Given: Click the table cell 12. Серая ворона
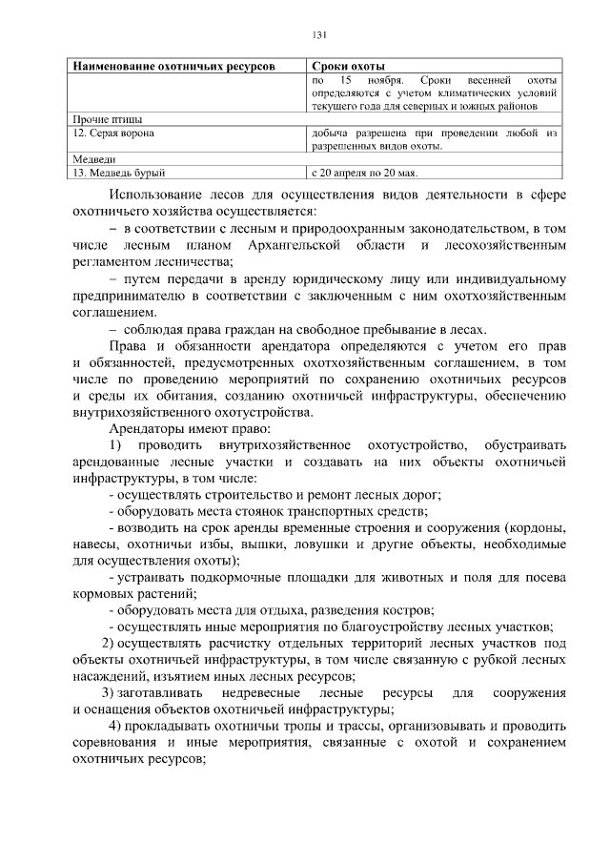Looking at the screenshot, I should click(x=113, y=134).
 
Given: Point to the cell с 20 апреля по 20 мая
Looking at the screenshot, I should click(x=365, y=173).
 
